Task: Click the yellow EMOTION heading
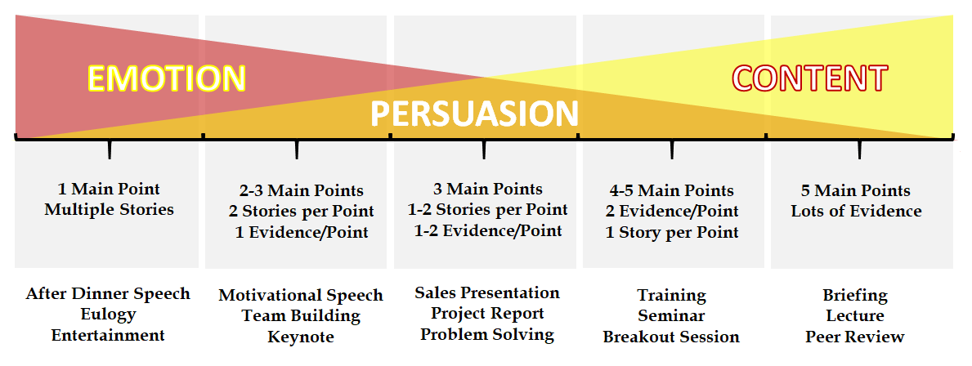167,78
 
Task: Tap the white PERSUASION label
474,114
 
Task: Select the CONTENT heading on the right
810,78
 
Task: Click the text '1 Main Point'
109,189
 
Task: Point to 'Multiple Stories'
109,210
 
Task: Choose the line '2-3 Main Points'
301,190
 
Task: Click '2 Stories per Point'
301,211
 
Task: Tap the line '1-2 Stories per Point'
487,210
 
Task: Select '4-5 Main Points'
672,190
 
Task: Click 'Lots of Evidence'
856,211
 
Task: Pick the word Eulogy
108,315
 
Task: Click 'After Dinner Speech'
108,293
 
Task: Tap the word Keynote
301,337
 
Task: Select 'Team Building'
301,316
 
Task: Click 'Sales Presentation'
487,292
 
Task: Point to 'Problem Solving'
487,335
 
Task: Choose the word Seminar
671,316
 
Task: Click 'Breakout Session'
671,337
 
